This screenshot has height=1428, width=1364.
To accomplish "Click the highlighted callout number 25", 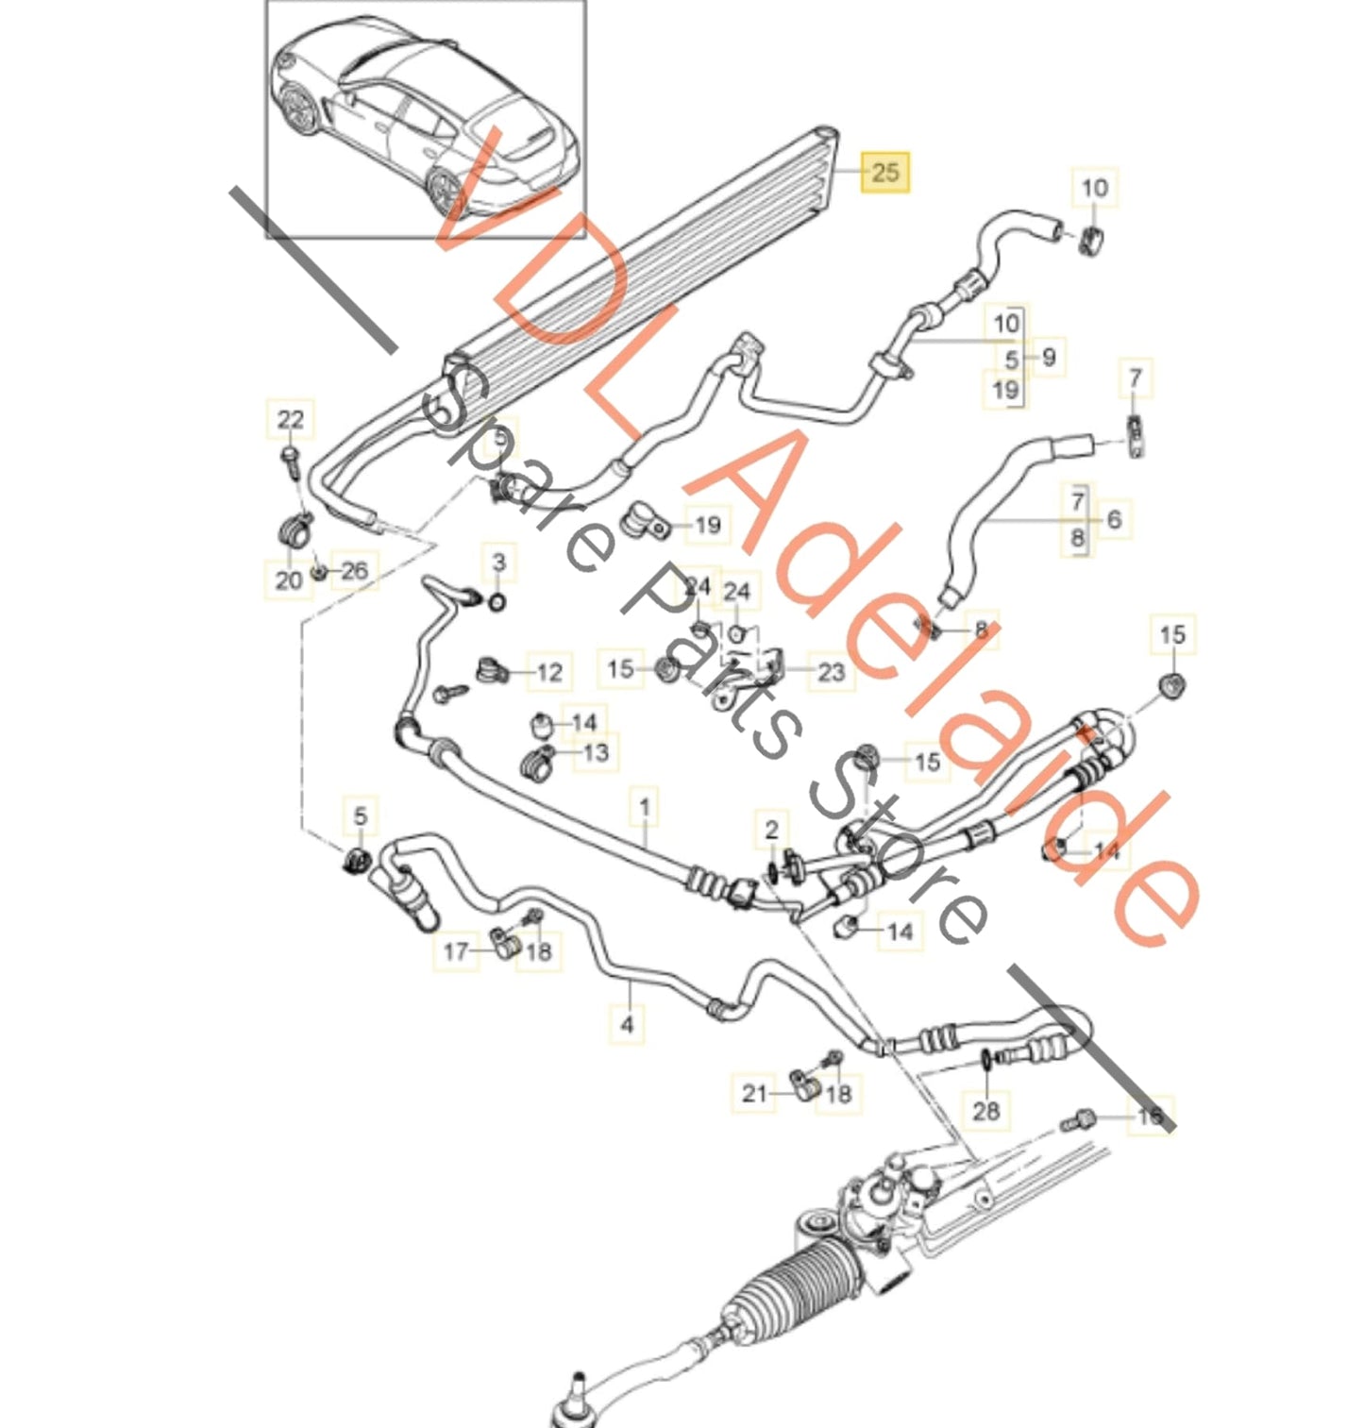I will coord(884,172).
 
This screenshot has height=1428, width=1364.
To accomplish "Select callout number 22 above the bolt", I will coord(291,419).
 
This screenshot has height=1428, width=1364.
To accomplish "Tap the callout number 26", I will coord(354,570).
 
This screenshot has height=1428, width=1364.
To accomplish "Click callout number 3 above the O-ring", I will coord(499,563).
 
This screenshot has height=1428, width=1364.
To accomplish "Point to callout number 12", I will coord(549,672).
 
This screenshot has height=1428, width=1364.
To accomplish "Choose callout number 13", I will coord(597,752).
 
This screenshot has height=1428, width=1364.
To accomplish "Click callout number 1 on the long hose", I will coord(646,808).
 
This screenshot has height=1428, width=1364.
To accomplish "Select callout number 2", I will coord(771,830).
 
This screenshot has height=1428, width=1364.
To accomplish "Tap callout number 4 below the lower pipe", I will coord(628,1023).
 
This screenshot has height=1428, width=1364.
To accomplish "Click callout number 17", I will coord(456,950).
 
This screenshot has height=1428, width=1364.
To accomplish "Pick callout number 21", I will coord(754,1093).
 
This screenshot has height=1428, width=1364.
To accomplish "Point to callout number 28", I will coord(985,1110).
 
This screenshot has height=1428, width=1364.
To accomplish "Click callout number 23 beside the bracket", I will coord(831,672).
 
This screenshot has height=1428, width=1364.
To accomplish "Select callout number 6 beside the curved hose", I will coord(1115,519).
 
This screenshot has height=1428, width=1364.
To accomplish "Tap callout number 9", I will coord(1049,357).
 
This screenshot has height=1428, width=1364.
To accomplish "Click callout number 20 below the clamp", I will coord(289,580).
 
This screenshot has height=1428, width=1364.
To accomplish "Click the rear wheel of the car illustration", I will coord(445,190).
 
